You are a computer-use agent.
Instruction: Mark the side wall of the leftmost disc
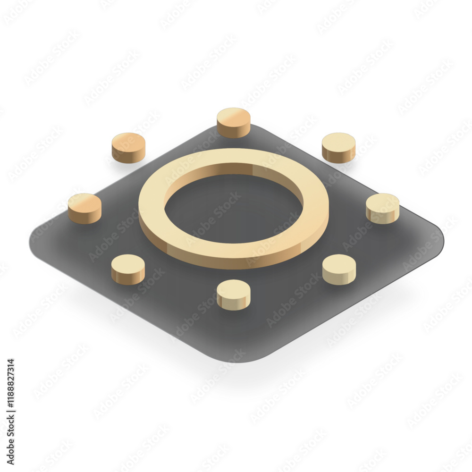pos(84,217)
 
